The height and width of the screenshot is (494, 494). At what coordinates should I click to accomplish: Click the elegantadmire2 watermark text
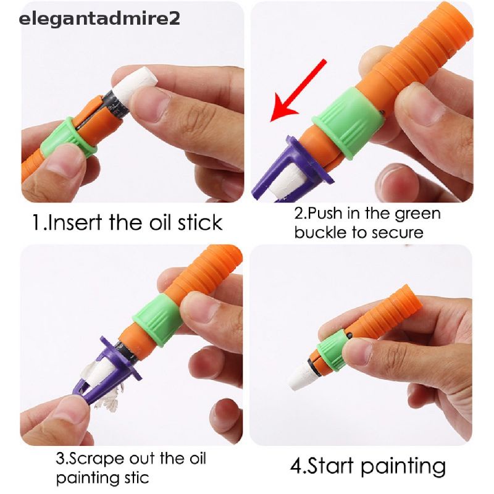[99, 19]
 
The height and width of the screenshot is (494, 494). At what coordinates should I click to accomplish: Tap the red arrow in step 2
[298, 91]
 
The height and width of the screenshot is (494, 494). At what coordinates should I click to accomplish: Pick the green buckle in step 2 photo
[348, 123]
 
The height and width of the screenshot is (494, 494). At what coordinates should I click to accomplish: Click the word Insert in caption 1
[75, 223]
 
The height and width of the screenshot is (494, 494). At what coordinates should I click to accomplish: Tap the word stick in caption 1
[200, 223]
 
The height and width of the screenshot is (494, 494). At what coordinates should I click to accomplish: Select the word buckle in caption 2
[321, 233]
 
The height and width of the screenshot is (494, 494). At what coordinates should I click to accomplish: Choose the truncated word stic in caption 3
[134, 478]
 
